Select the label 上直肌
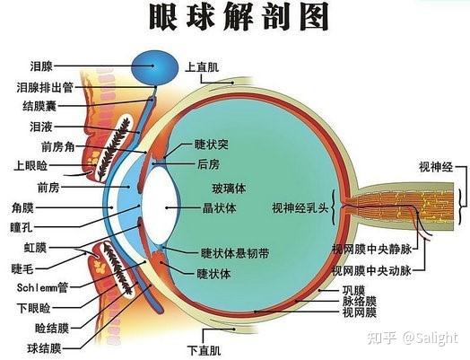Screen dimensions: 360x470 click(x=202, y=66)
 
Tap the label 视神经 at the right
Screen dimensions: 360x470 click(x=437, y=167)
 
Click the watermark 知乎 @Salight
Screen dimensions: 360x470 click(x=417, y=338)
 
